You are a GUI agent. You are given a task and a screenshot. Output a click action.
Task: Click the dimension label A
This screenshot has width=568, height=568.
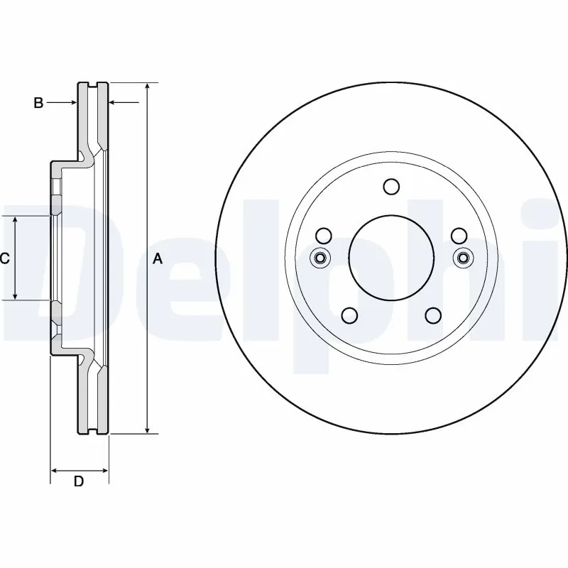pos(158,259)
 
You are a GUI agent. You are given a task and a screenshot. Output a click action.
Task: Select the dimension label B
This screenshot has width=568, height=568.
pos(38,104)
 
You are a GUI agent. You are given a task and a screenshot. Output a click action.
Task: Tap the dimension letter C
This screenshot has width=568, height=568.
pos(4,259)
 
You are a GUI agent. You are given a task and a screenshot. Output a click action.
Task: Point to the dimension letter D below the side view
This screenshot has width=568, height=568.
pos(79,481)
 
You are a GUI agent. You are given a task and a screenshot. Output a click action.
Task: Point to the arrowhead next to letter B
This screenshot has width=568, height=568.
pos(73,104)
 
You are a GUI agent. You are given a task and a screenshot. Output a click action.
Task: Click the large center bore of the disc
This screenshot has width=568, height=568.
pos(391,256)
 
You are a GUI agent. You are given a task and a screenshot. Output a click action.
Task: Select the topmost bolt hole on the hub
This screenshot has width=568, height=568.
pos(391,187)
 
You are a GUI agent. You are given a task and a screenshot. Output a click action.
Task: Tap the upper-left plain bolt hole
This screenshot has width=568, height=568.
pos(323,236)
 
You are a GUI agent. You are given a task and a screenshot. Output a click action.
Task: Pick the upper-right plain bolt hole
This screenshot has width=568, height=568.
pos(459,236)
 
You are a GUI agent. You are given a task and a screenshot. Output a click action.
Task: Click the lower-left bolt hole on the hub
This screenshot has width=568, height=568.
pos(349,315)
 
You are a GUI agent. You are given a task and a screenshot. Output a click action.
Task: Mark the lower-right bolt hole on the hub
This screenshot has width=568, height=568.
pos(432,315)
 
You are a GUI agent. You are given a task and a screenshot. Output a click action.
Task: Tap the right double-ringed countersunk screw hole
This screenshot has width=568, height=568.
pos(463,257)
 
